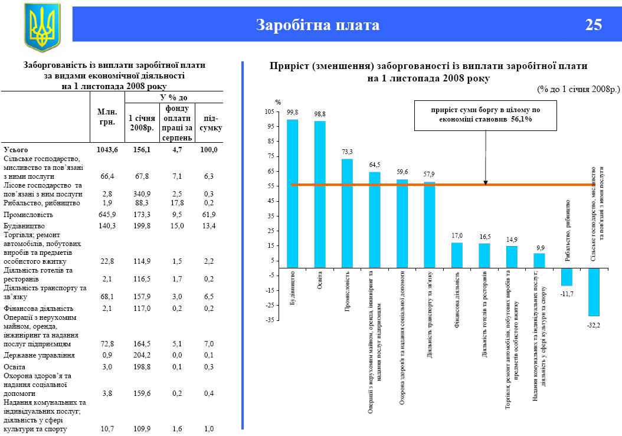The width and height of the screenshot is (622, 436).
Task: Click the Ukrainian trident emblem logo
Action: pos(42,27)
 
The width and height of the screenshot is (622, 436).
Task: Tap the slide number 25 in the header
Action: pos(594,25)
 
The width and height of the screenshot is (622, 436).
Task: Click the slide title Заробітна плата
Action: pos(317,25)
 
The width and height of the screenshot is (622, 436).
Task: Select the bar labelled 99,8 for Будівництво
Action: pos(292,194)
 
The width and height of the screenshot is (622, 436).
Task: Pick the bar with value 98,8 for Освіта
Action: pos(320,195)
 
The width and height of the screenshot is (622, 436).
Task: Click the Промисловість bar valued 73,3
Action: pos(347,213)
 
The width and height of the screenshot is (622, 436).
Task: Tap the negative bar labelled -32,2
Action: pos(594,292)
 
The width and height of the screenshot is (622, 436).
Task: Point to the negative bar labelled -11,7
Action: pos(567,277)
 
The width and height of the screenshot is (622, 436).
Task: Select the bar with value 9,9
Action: pos(539,261)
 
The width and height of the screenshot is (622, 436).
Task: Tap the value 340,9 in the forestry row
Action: pos(142,194)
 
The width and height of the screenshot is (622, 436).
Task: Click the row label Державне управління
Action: pos(39,355)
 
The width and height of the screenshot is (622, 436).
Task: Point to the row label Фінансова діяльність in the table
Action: pos(38,308)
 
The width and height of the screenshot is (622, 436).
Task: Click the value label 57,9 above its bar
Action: pos(429,174)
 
